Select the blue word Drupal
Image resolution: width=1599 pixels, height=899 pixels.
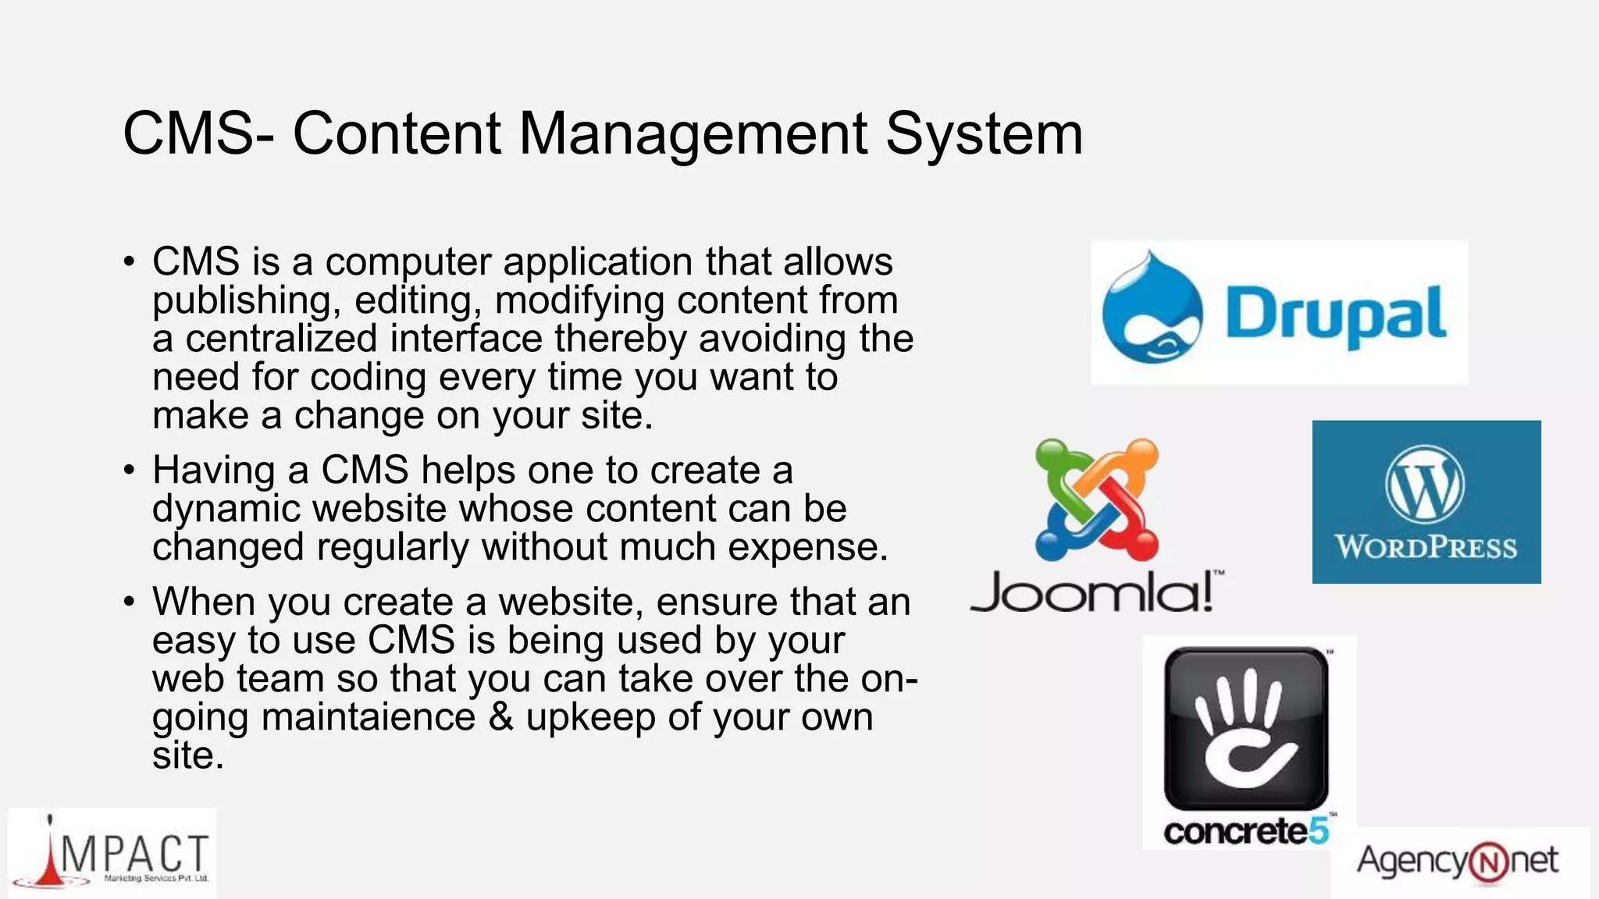pyautogui.click(x=1335, y=314)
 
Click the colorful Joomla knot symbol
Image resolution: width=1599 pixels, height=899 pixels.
pyautogui.click(x=1096, y=499)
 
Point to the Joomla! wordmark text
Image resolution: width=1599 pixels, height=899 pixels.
pyautogui.click(x=1093, y=593)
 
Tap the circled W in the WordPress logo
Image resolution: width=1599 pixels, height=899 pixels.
pyautogui.click(x=1425, y=485)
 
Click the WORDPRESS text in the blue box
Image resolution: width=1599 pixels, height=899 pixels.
pyautogui.click(x=1426, y=547)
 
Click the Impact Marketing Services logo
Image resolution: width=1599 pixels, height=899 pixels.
pyautogui.click(x=113, y=855)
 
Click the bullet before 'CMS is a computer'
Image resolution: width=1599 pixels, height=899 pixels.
pyautogui.click(x=129, y=262)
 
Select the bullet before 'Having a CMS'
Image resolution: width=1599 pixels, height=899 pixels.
pyautogui.click(x=129, y=471)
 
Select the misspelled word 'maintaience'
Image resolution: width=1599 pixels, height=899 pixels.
pyautogui.click(x=368, y=717)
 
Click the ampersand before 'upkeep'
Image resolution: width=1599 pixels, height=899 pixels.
pyautogui.click(x=500, y=717)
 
